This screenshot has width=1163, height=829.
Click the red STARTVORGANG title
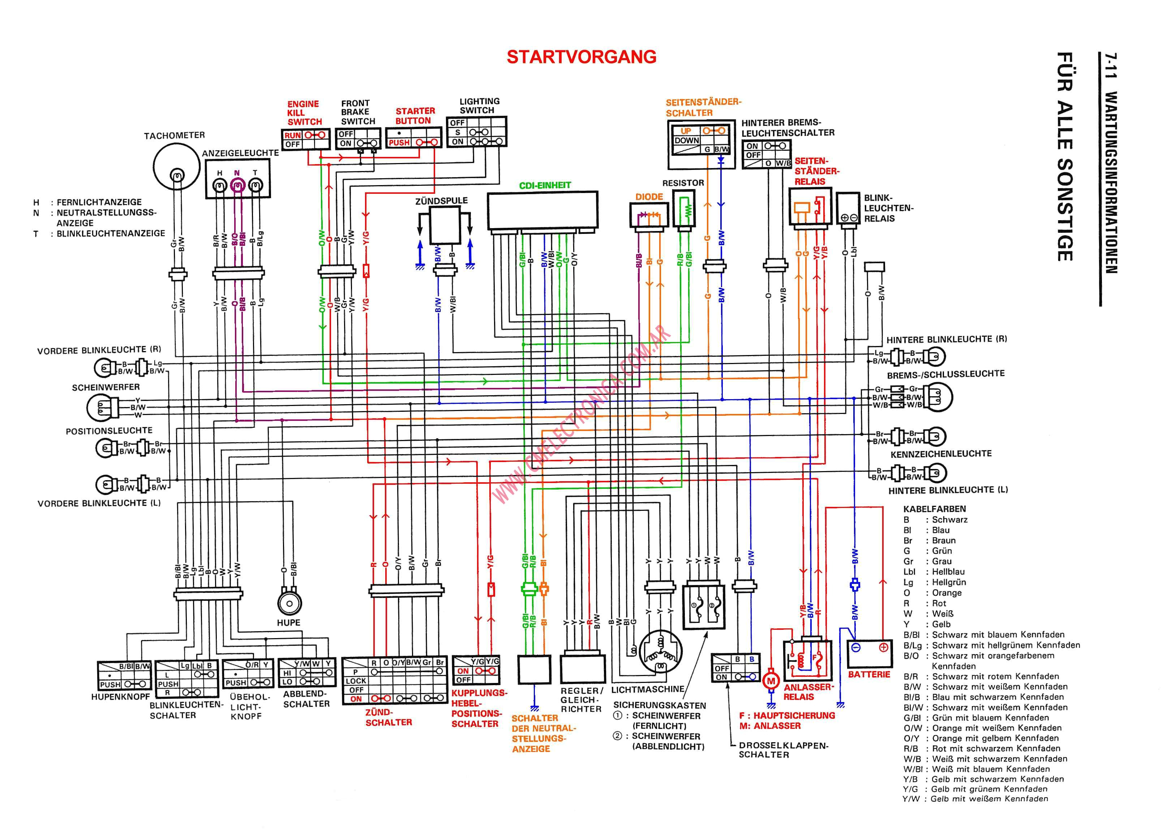pyautogui.click(x=581, y=57)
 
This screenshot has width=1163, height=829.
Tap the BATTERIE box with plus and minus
pyautogui.click(x=870, y=653)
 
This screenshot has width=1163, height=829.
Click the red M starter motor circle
pyautogui.click(x=771, y=680)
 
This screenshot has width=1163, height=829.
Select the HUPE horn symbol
pyautogui.click(x=289, y=603)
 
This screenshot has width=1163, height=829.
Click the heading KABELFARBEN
pyautogui.click(x=934, y=509)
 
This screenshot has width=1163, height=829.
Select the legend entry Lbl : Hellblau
pyautogui.click(x=934, y=572)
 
